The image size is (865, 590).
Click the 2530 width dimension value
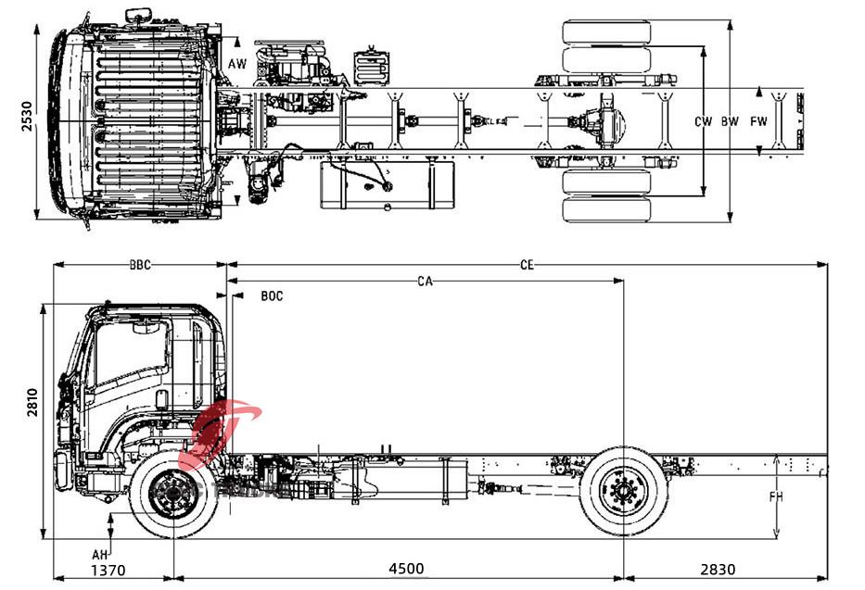click(x=27, y=118)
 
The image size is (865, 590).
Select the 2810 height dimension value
click(x=31, y=406)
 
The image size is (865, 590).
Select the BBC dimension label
click(x=140, y=265)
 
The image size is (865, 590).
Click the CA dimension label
click(x=426, y=280)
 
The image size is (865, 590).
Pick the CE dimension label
click(x=527, y=265)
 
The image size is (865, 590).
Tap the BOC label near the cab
click(x=272, y=296)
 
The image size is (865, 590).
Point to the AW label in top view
click(x=238, y=65)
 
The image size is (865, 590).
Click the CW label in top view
click(x=704, y=121)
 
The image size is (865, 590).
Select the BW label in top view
click(x=731, y=121)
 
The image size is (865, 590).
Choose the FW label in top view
click(x=759, y=121)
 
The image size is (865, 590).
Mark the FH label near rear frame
click(x=776, y=497)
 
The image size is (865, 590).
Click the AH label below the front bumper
click(x=97, y=554)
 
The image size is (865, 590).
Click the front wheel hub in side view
click(x=172, y=493)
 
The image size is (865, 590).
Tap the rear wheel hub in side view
click(x=623, y=491)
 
